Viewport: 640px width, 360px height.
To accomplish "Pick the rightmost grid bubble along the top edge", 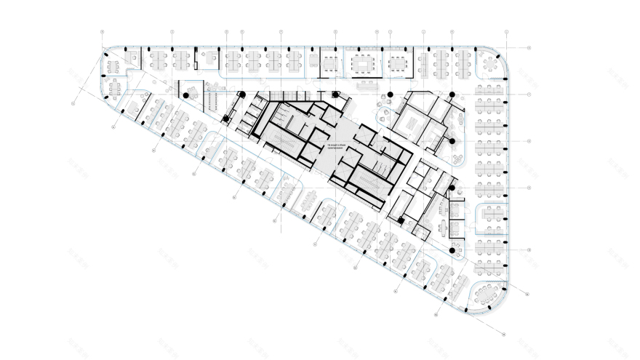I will coord(505,32).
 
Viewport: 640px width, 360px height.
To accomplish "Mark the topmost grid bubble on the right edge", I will coord(529,48).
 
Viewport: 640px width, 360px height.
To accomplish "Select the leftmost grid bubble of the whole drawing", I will coord(74,103).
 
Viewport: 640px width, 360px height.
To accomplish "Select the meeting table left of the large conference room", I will coord(331,64).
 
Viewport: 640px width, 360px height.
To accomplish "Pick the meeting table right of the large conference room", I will coord(397,64).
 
